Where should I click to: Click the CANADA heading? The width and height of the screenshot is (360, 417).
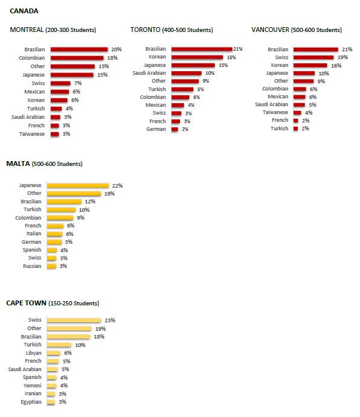click(24, 11)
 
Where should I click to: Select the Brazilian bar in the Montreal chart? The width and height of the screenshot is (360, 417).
click(79, 49)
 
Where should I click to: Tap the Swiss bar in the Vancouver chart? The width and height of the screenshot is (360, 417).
click(313, 57)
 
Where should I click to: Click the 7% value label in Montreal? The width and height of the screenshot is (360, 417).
click(78, 83)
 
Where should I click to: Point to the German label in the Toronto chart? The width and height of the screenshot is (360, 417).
click(156, 129)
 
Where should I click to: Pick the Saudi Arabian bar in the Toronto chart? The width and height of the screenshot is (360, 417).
click(187, 73)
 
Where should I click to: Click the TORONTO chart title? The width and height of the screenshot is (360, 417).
click(145, 30)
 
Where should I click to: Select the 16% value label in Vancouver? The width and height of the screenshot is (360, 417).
click(336, 65)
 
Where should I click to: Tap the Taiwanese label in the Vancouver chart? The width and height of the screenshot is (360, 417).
click(275, 112)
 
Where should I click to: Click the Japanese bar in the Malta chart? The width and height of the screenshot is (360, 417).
click(78, 186)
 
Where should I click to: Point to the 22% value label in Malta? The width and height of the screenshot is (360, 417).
click(117, 186)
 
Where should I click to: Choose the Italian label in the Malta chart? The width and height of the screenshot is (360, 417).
click(34, 234)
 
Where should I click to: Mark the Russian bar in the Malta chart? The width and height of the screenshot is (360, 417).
click(52, 266)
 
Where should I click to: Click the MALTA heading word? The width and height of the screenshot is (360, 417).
click(18, 164)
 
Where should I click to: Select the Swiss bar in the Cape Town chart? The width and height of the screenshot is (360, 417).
click(74, 320)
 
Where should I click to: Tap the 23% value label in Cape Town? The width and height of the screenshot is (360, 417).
click(110, 320)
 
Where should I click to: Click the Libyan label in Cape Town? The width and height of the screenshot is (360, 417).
click(34, 353)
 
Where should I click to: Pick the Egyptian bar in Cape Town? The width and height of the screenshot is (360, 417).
click(51, 402)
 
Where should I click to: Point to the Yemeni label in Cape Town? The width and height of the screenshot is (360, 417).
click(33, 386)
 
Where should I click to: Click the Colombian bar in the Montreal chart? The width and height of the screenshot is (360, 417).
click(77, 58)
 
